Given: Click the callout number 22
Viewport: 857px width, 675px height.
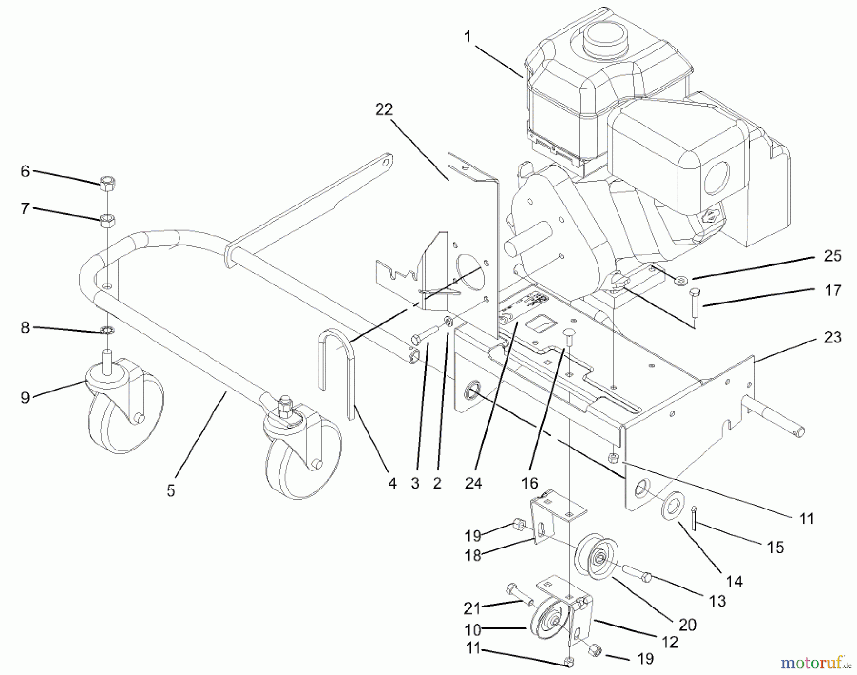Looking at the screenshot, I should pyautogui.click(x=384, y=109).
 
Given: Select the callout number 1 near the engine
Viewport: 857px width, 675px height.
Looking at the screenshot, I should pyautogui.click(x=468, y=37).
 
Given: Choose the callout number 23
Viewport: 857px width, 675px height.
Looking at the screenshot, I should pyautogui.click(x=832, y=337).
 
